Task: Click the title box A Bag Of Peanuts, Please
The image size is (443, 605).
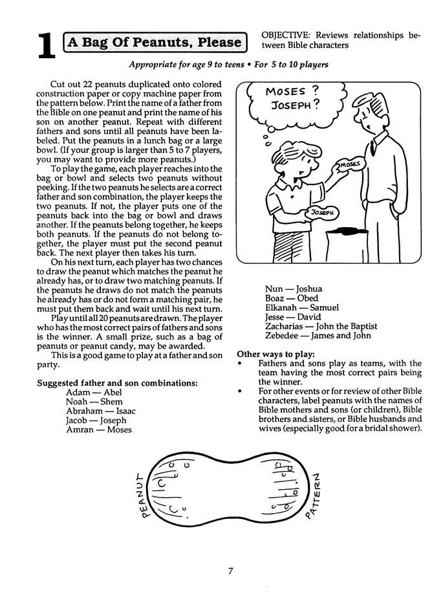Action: [x=155, y=43]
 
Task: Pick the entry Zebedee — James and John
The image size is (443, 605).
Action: [x=317, y=336]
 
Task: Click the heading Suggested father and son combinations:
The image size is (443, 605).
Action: [x=117, y=383]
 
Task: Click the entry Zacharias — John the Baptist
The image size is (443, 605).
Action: [x=321, y=327]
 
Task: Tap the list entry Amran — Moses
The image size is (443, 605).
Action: [x=98, y=430]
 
